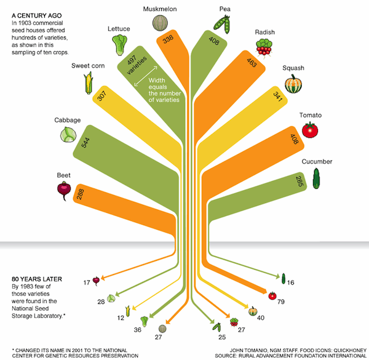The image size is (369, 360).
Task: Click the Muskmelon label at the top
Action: click(x=160, y=9)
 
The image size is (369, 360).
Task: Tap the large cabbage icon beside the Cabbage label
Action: click(x=68, y=134)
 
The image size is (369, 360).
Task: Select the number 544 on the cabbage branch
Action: click(x=85, y=143)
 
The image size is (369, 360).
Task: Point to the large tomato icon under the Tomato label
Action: click(x=310, y=130)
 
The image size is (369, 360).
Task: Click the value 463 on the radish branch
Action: click(x=252, y=63)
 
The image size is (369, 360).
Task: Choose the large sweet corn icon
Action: click(x=88, y=83)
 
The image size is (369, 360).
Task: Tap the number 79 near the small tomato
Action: click(x=281, y=302)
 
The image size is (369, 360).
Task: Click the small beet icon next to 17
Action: click(x=96, y=281)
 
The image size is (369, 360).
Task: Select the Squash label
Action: click(x=293, y=68)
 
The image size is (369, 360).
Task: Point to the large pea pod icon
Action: click(x=222, y=24)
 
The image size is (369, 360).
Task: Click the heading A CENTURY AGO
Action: click(x=37, y=15)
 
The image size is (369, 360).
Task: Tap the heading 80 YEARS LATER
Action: click(x=37, y=279)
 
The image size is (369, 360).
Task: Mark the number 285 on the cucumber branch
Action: click(x=300, y=182)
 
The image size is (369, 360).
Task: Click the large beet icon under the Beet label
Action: click(x=64, y=191)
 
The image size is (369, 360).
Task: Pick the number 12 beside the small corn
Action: click(x=121, y=318)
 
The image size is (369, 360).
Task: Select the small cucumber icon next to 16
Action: click(x=284, y=279)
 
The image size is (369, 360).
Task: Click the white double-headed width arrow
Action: click(x=146, y=76)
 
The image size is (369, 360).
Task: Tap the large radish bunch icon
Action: click(x=264, y=48)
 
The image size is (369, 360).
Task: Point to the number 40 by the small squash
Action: click(x=261, y=318)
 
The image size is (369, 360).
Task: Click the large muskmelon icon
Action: click(x=160, y=23)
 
